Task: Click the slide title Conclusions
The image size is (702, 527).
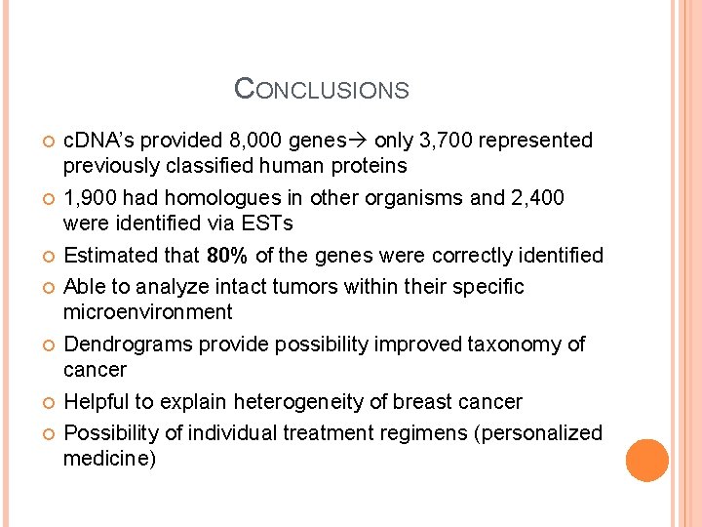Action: (322, 90)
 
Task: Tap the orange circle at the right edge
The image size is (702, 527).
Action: (647, 461)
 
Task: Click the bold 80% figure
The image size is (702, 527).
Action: (228, 256)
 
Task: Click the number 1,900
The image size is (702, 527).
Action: (91, 198)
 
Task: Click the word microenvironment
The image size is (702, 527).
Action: (147, 312)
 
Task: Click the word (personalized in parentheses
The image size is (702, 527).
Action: (537, 432)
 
